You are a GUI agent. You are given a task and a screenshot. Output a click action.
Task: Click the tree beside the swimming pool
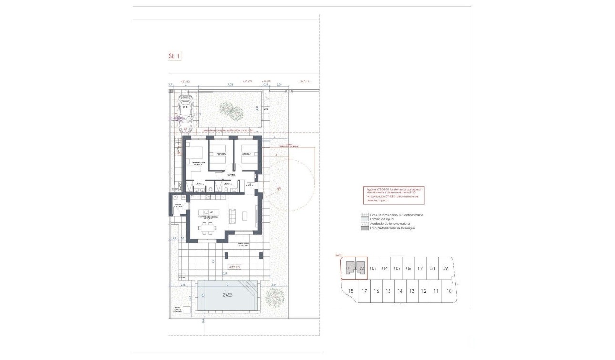274,298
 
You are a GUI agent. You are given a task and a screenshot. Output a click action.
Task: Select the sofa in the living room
233,216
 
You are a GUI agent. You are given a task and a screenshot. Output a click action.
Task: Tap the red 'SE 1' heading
174,56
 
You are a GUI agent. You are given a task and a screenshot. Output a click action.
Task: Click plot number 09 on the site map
445,268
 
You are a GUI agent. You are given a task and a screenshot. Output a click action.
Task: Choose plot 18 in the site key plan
351,291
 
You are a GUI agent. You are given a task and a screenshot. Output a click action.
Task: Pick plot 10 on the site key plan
449,291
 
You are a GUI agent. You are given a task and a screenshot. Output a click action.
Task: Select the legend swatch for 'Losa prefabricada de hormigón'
364,228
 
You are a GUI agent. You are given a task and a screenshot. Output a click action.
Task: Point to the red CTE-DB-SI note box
393,195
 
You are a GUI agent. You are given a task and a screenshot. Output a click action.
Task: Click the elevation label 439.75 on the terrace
235,267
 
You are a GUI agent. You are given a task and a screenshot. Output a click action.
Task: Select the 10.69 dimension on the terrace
225,273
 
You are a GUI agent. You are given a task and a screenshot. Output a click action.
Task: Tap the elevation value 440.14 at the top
305,82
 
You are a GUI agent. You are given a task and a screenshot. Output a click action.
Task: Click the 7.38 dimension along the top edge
230,85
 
